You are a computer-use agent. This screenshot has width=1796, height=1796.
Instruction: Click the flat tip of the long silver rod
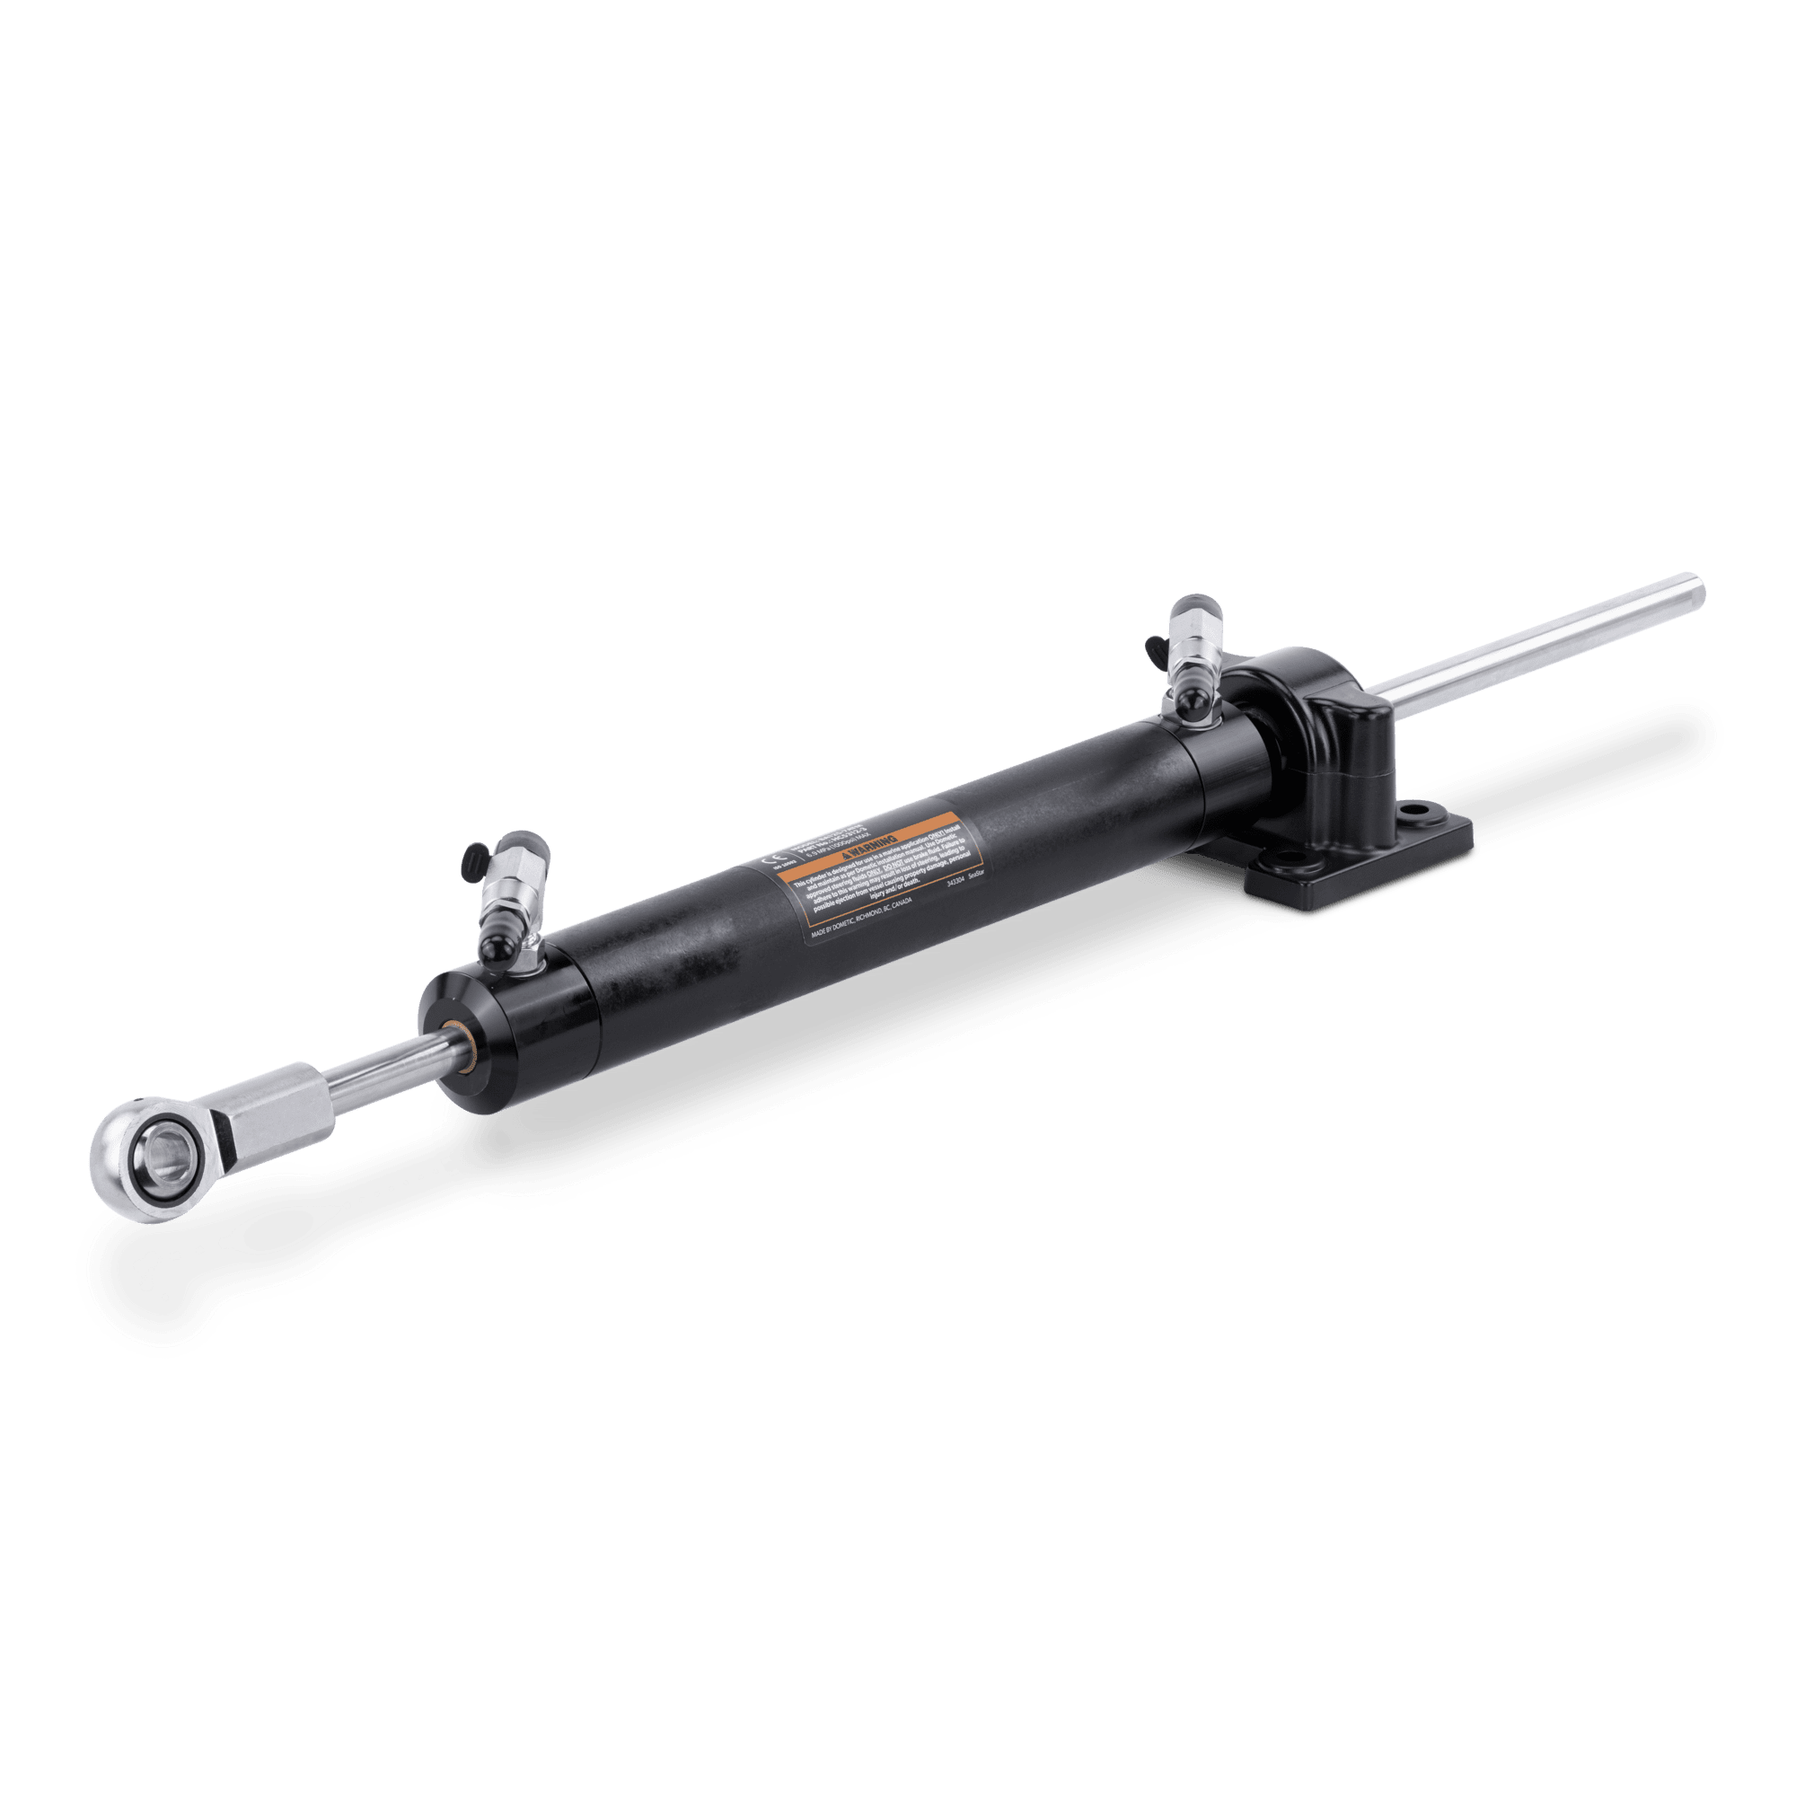(1699, 588)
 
